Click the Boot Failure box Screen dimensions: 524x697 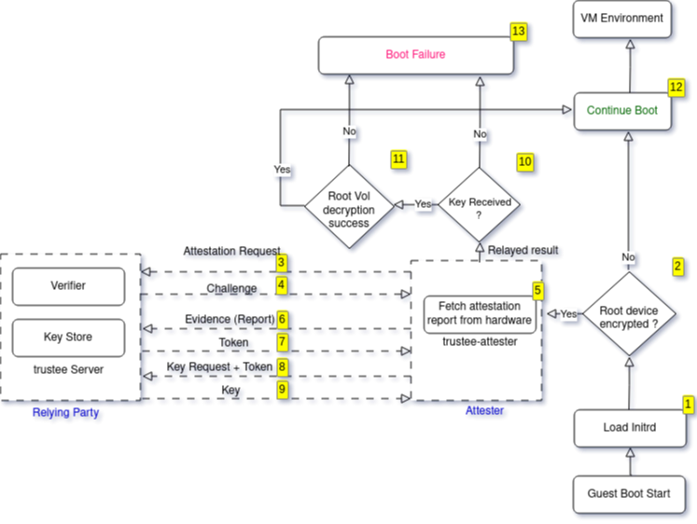[x=415, y=55]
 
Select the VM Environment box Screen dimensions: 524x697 [x=621, y=18]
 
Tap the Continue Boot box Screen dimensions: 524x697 [x=621, y=110]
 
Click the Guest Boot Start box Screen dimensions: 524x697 [x=629, y=493]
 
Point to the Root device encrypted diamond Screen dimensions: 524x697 [x=629, y=314]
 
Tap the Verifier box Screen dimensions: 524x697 [x=68, y=285]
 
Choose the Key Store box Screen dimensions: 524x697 [x=68, y=337]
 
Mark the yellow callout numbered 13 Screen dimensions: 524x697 [x=519, y=32]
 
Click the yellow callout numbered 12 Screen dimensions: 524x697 [x=676, y=86]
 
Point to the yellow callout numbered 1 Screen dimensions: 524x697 [x=689, y=404]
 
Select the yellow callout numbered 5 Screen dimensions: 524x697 [x=537, y=291]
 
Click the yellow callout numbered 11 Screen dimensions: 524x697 [x=398, y=159]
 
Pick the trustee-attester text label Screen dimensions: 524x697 [x=479, y=343]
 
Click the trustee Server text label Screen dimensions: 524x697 [x=68, y=370]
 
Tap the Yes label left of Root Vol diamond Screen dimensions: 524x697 [x=282, y=170]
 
